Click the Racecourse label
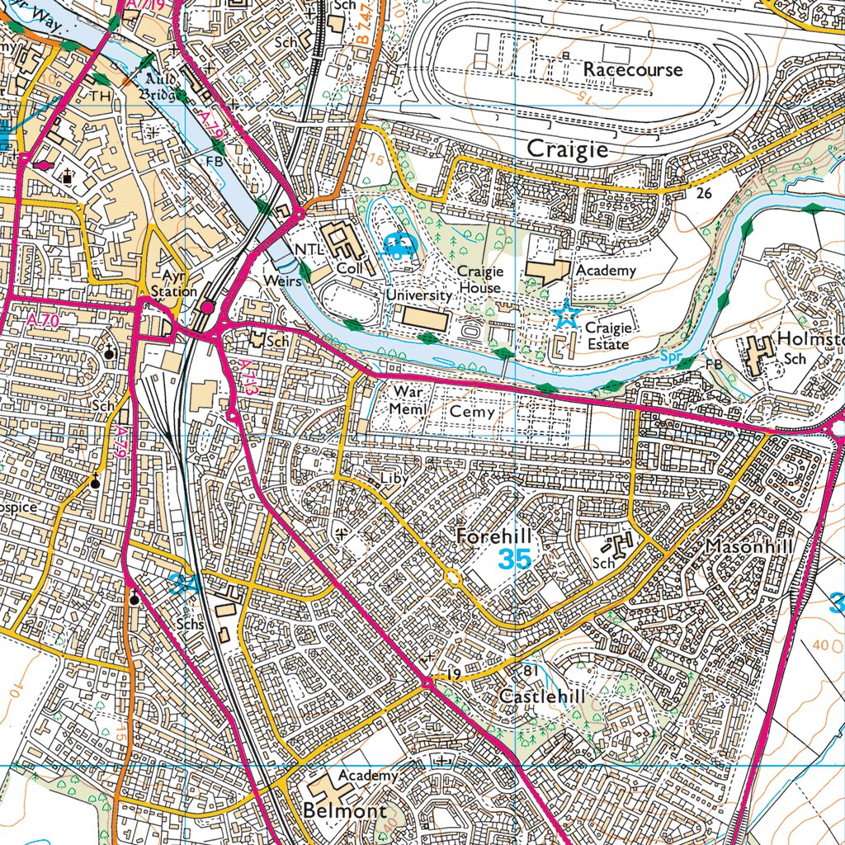pyautogui.click(x=633, y=69)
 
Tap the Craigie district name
pyautogui.click(x=567, y=149)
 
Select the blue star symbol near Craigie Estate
pyautogui.click(x=566, y=314)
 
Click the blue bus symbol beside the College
pyautogui.click(x=399, y=245)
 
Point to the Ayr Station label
pyautogui.click(x=174, y=283)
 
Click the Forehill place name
pyautogui.click(x=493, y=537)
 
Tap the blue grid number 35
pyautogui.click(x=514, y=559)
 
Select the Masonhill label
pyautogui.click(x=748, y=547)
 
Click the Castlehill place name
pyautogui.click(x=542, y=696)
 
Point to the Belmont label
pyautogui.click(x=345, y=810)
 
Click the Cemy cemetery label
pyautogui.click(x=473, y=411)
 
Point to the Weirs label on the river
pyautogui.click(x=282, y=281)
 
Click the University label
pyautogui.click(x=420, y=295)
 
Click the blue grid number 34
pyautogui.click(x=185, y=585)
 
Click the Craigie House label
pyautogui.click(x=480, y=280)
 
